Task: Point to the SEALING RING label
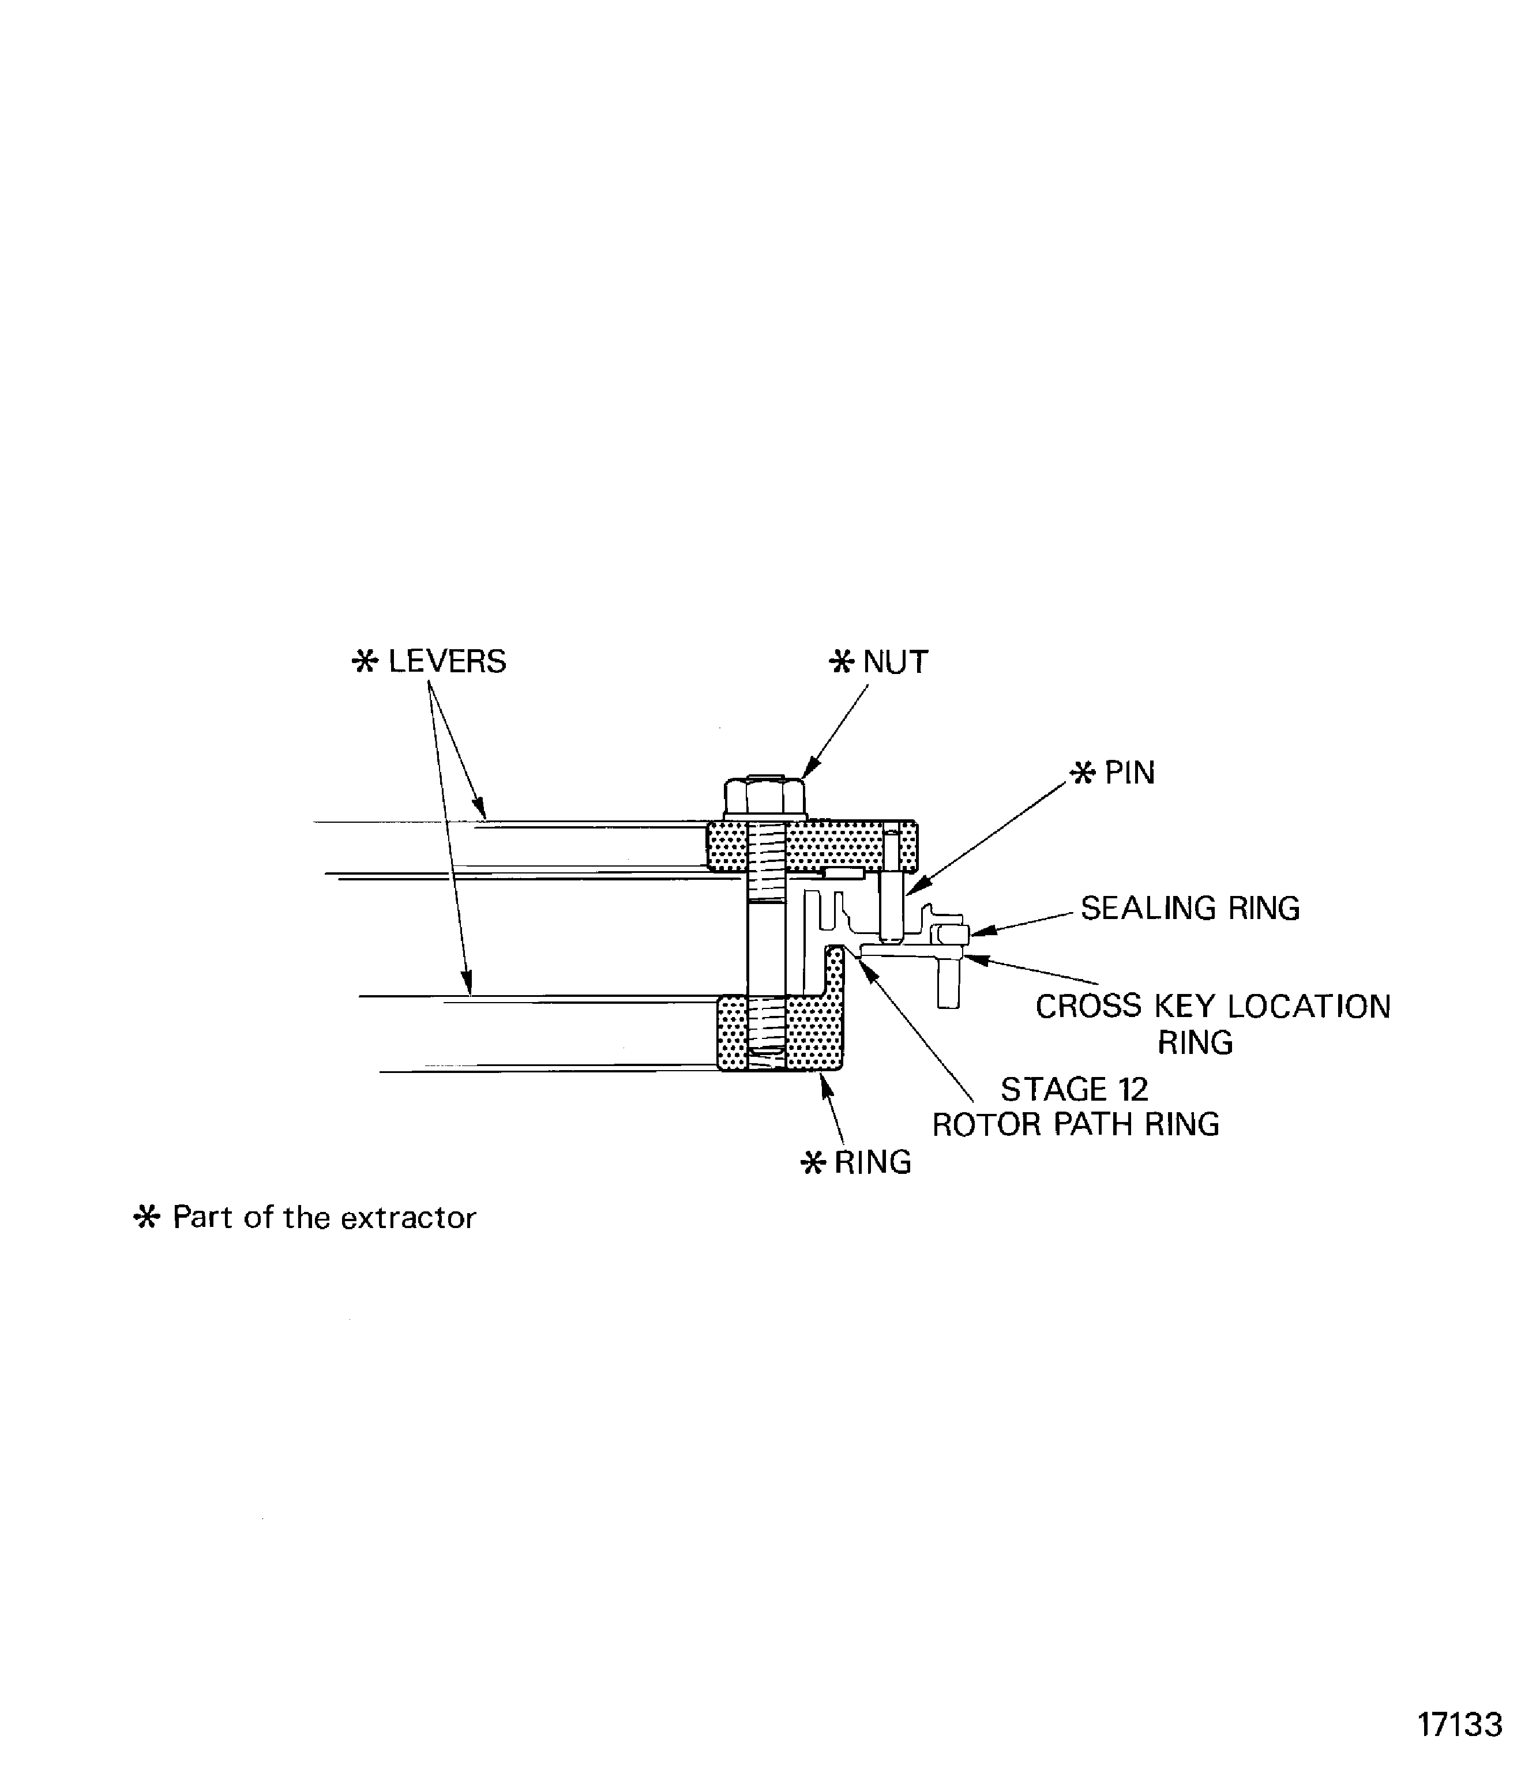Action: click(1190, 908)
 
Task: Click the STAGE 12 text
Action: click(1074, 1089)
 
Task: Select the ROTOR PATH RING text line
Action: click(1075, 1124)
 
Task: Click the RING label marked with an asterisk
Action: click(873, 1163)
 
